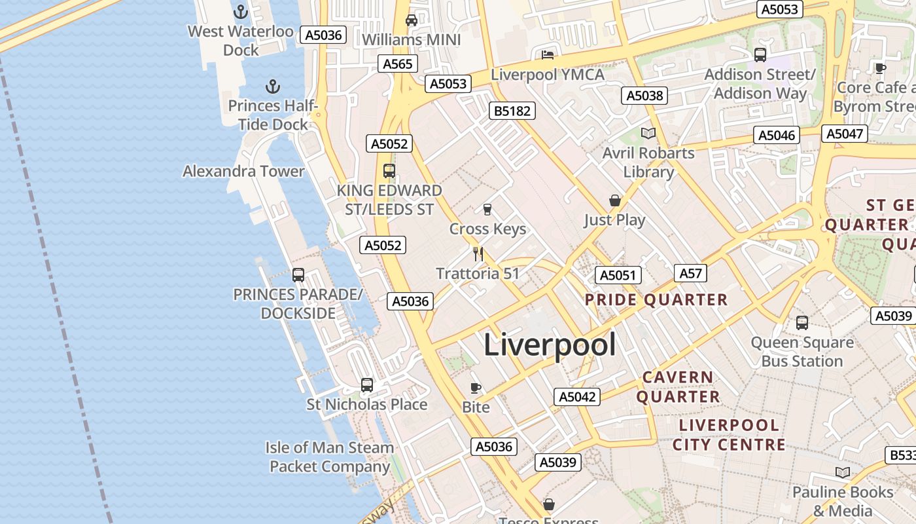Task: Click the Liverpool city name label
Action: click(x=550, y=345)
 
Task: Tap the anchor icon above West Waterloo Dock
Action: click(x=241, y=12)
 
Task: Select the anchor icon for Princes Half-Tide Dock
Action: click(x=272, y=86)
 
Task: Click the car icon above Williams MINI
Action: click(x=412, y=20)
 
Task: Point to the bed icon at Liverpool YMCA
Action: click(x=548, y=55)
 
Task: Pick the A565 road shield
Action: click(x=398, y=64)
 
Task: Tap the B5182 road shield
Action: click(x=512, y=111)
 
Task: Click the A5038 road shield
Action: click(x=644, y=96)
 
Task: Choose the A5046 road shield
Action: click(x=777, y=136)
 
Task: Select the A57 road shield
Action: click(x=690, y=273)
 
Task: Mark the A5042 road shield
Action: click(x=577, y=396)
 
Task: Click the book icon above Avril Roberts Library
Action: click(x=648, y=134)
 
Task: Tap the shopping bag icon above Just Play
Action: click(x=614, y=200)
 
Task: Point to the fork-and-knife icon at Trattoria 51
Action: click(x=478, y=253)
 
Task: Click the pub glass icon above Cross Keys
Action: click(x=487, y=210)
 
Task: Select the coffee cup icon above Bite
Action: click(x=476, y=388)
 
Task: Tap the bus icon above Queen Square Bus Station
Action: click(x=802, y=322)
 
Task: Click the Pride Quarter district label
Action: click(x=656, y=300)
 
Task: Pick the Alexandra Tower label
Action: click(x=243, y=172)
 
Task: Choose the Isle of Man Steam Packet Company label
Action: click(x=330, y=457)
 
